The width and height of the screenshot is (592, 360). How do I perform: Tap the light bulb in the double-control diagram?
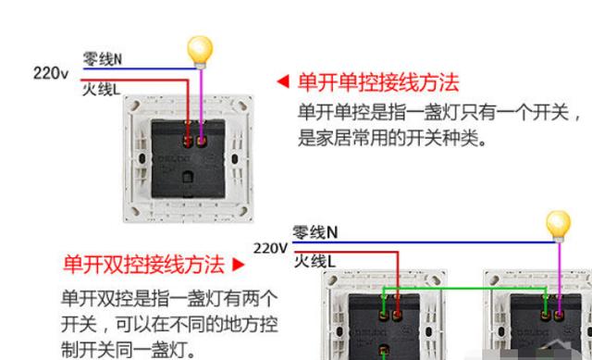pyautogui.click(x=558, y=224)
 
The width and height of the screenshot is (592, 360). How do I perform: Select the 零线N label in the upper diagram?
pyautogui.click(x=103, y=58)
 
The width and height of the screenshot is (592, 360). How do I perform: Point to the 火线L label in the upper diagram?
pyautogui.click(x=101, y=89)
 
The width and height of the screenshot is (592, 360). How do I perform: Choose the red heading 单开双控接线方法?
pyautogui.click(x=143, y=265)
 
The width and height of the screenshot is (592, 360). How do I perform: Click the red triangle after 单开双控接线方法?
pyautogui.click(x=238, y=265)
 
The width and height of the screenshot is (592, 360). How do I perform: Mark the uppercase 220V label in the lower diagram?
pyautogui.click(x=271, y=248)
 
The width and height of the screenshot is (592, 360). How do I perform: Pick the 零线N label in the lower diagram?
pyautogui.click(x=315, y=231)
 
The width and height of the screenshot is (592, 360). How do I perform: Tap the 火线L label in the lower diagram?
pyautogui.click(x=314, y=262)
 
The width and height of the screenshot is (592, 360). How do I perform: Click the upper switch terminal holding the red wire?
pyautogui.click(x=188, y=142)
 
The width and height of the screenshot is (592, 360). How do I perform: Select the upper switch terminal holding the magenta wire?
pyautogui.click(x=203, y=142)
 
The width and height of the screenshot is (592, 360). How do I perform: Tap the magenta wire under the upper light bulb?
pyautogui.click(x=202, y=102)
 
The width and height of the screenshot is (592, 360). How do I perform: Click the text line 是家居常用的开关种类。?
pyautogui.click(x=392, y=139)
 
